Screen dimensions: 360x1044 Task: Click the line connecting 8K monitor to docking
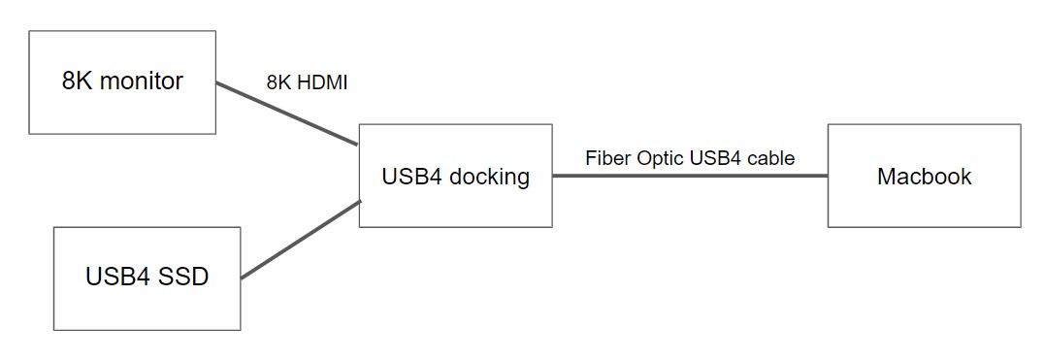(286, 115)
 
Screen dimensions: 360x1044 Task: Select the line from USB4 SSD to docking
(301, 240)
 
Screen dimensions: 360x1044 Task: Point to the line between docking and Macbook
(689, 176)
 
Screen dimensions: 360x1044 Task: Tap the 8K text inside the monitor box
(77, 82)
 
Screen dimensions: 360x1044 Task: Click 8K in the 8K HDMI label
(279, 83)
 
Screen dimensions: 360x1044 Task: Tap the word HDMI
(321, 83)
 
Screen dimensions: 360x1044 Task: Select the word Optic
(660, 158)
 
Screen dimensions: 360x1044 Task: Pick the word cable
(772, 158)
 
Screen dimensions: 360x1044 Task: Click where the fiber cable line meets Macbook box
(828, 176)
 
